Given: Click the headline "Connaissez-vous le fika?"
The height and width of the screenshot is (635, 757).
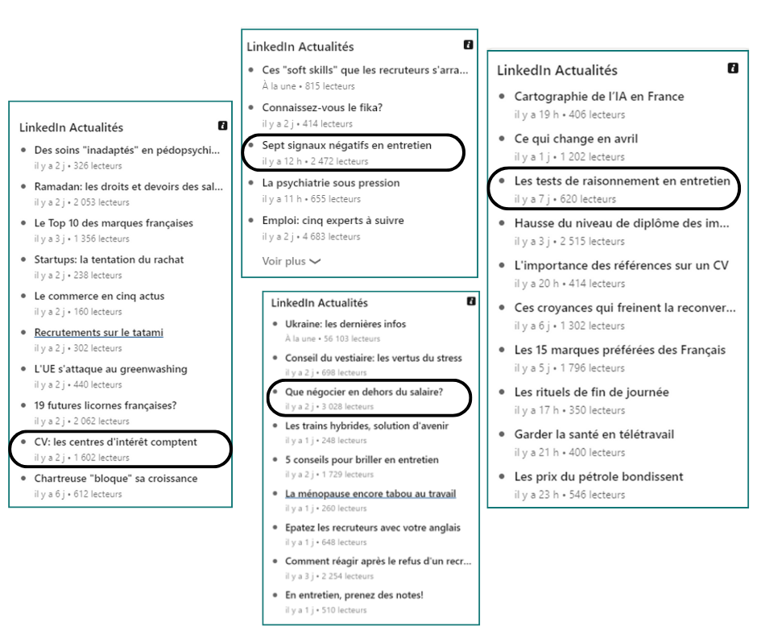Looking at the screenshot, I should pyautogui.click(x=322, y=107).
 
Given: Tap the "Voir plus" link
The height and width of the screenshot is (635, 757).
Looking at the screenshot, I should pyautogui.click(x=291, y=261).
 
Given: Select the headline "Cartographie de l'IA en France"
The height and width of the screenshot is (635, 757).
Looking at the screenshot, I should pyautogui.click(x=599, y=97).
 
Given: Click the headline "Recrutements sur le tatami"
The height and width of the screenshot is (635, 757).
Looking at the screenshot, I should pyautogui.click(x=98, y=332).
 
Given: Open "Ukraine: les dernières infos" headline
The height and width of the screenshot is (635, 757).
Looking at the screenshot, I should pyautogui.click(x=345, y=324).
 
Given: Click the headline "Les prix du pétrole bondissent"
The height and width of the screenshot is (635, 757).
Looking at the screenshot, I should pyautogui.click(x=598, y=477).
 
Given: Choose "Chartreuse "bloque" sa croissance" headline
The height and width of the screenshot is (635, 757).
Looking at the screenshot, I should pyautogui.click(x=115, y=479).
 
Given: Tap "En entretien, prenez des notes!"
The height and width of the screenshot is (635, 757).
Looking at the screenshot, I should pyautogui.click(x=354, y=595).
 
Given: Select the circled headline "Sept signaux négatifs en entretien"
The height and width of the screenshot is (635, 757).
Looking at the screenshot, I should pyautogui.click(x=347, y=146).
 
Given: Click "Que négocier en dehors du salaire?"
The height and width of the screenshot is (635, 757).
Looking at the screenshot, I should pyautogui.click(x=364, y=392).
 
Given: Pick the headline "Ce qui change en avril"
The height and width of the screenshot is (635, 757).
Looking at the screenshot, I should pyautogui.click(x=576, y=139).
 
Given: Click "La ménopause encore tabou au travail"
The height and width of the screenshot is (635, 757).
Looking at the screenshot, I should pyautogui.click(x=370, y=493).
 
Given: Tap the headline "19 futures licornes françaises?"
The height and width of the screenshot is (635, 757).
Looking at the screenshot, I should pyautogui.click(x=105, y=405).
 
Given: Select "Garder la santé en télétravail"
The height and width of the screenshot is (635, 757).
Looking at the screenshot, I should pyautogui.click(x=594, y=434).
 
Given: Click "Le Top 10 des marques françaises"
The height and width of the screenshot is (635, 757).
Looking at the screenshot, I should pyautogui.click(x=114, y=223).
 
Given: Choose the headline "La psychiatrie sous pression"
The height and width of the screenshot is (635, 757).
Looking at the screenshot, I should pyautogui.click(x=331, y=183).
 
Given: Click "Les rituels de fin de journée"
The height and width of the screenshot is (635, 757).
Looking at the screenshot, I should pyautogui.click(x=591, y=392).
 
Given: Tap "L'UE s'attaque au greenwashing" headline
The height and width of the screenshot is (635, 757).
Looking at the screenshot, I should pyautogui.click(x=110, y=369).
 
